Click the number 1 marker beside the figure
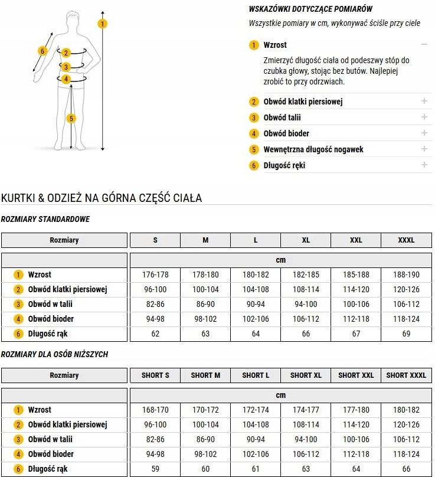point(103,24)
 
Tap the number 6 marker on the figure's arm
point(42,51)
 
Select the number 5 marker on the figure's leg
point(71,119)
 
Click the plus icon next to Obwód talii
point(424,117)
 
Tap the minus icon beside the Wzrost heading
point(424,45)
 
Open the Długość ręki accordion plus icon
point(424,165)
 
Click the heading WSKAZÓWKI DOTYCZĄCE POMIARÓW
point(310,9)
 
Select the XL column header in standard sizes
point(306,240)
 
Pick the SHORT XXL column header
point(356,375)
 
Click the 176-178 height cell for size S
point(155,275)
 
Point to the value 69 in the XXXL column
point(406,334)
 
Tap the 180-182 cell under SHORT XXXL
point(406,410)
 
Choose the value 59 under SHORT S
point(155,469)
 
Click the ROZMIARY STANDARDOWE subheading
point(46,219)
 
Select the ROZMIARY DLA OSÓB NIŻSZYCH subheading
point(55,354)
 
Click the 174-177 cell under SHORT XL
point(306,410)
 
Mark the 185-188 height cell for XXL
point(356,275)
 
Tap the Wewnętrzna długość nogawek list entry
point(313,149)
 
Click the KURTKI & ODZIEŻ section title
point(102,198)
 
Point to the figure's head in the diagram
point(72,18)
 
